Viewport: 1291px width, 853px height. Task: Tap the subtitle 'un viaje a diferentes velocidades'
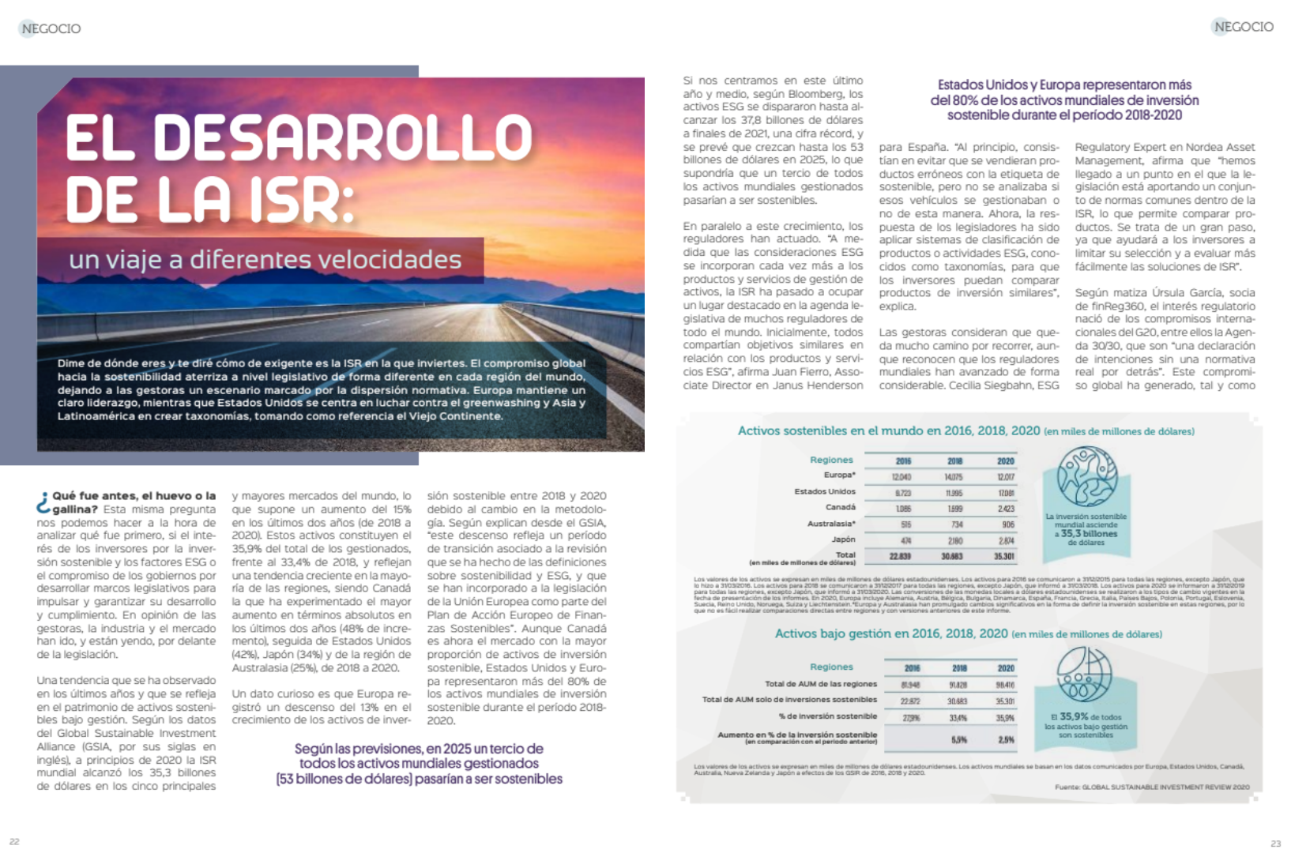pos(265,259)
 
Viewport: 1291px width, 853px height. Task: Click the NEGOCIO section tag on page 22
pos(51,28)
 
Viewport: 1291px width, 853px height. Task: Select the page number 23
pos(1275,844)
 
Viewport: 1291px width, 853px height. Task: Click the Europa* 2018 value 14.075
pos(954,477)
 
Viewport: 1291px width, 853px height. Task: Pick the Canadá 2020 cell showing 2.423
pos(1005,509)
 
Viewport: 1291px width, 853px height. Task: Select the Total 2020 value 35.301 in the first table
pos(1004,556)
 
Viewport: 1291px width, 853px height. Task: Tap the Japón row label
pos(843,539)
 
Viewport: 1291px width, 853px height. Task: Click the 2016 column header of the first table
pos(903,461)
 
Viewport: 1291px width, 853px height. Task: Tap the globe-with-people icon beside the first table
pos(1087,476)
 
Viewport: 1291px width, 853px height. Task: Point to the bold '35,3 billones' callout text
pos(1089,534)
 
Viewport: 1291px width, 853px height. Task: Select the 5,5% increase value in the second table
pos(958,739)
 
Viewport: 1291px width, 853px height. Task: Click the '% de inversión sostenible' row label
pos(827,716)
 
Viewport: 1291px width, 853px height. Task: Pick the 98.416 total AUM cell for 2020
pos(1005,685)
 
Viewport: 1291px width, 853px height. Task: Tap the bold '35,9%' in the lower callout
pos(1074,716)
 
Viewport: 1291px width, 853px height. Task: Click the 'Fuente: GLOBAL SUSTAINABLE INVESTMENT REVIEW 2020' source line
pos(1152,787)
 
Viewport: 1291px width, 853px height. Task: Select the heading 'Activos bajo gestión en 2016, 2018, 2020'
pos(891,633)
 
